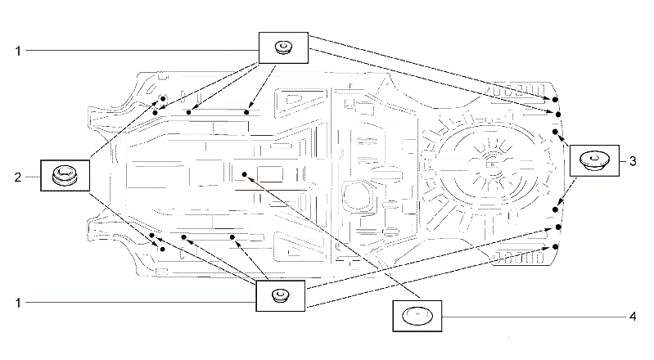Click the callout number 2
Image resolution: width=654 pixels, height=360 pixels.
[x=17, y=178]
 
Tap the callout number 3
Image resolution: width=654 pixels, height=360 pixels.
[x=633, y=161]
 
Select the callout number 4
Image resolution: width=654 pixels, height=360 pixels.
[x=633, y=317]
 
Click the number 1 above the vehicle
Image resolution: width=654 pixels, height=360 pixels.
[x=18, y=51]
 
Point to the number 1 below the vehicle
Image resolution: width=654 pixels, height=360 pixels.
[x=18, y=303]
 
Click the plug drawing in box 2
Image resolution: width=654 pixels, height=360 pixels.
[x=65, y=174]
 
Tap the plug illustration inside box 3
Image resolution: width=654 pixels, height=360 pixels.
[x=595, y=160]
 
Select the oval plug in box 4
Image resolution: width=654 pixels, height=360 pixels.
[x=417, y=315]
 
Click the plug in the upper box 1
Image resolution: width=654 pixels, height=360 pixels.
[x=283, y=47]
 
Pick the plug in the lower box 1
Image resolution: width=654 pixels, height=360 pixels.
[x=280, y=295]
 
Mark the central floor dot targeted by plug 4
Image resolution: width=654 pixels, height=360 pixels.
[x=245, y=174]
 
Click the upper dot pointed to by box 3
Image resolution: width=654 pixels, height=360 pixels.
[x=555, y=132]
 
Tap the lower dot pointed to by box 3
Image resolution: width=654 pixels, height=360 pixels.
[x=555, y=209]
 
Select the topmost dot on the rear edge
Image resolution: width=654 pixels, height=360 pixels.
[x=555, y=100]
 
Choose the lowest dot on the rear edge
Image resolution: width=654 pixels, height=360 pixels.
[x=555, y=247]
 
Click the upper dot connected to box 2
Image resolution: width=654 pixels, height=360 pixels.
[x=163, y=99]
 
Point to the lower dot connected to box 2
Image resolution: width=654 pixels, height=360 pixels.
[x=163, y=250]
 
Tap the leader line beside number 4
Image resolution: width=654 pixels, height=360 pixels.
[x=534, y=317]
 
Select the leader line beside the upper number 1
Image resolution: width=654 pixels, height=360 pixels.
[x=142, y=51]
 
